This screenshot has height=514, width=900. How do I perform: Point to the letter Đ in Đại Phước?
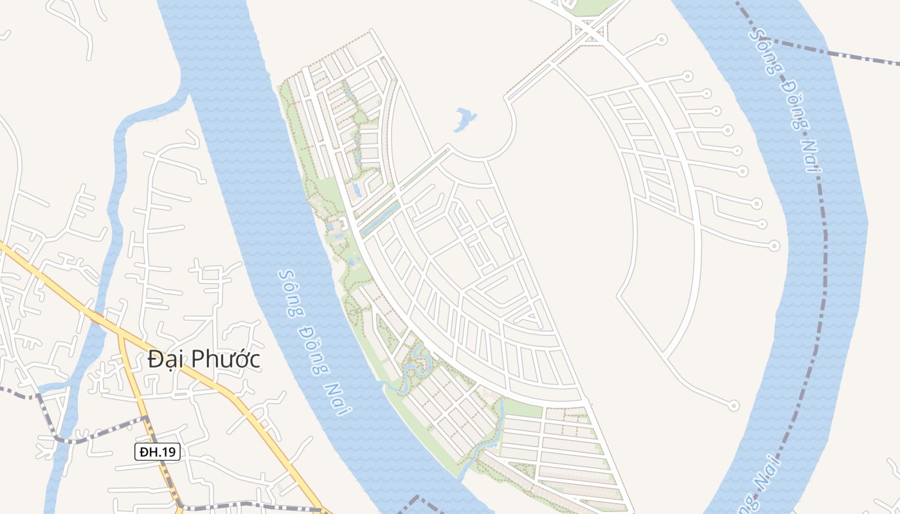click(x=155, y=359)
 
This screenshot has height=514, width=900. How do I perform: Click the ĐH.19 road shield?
click(x=157, y=452)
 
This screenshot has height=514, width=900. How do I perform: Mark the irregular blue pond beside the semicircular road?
click(x=464, y=119)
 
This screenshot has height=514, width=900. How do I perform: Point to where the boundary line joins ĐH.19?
click(x=147, y=419)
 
